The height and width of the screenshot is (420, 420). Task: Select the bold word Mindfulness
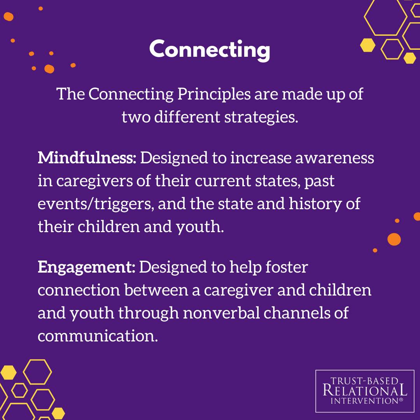coord(87,157)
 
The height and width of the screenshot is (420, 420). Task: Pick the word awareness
coord(334,158)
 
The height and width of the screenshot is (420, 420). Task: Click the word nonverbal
coord(221,313)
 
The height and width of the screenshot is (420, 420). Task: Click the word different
coord(187,117)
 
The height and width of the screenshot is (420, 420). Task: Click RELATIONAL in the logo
coord(365,390)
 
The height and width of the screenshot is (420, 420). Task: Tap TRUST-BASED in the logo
coord(364,381)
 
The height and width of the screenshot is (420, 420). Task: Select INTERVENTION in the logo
coord(364,401)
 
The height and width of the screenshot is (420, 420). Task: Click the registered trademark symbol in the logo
coord(401,399)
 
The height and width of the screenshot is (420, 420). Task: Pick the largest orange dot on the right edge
coord(394,239)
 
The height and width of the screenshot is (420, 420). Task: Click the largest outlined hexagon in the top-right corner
coord(385,17)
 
